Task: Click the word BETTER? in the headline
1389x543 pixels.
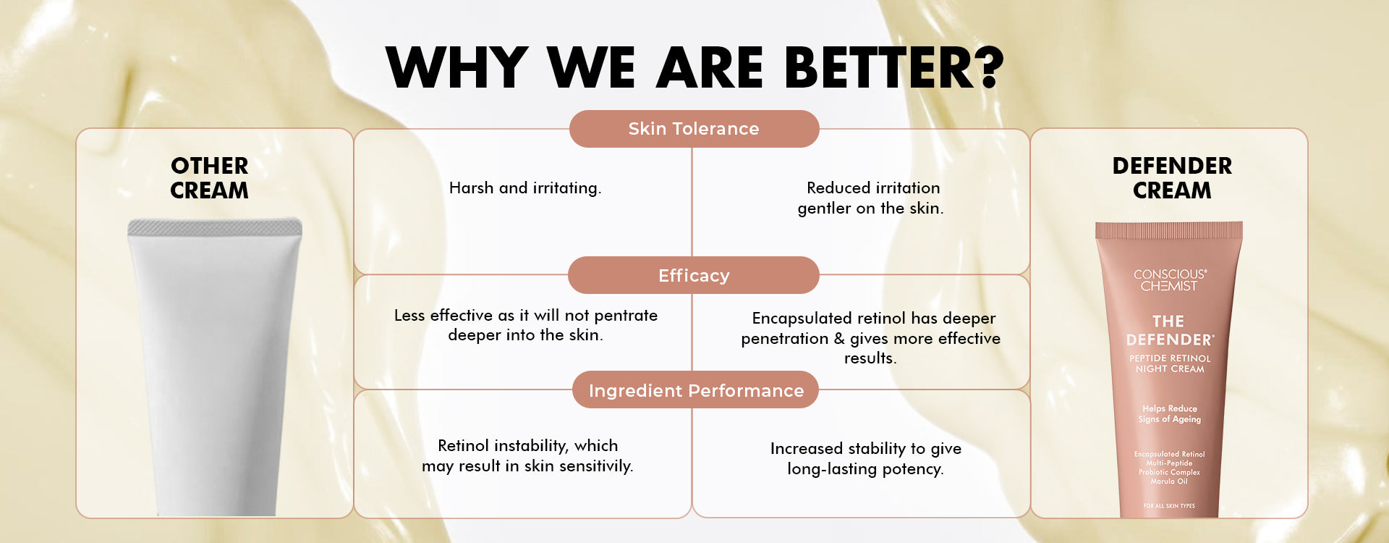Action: point(894,67)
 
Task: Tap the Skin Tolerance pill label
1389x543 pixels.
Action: point(694,129)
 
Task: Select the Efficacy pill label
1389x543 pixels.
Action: point(694,275)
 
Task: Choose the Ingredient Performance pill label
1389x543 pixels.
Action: point(696,391)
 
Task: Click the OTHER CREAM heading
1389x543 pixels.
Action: point(210,178)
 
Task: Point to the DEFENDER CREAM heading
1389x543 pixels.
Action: point(1172,178)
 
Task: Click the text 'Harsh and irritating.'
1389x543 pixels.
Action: point(525,188)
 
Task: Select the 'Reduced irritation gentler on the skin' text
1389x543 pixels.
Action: point(871,198)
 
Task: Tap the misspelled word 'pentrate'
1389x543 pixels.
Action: point(625,316)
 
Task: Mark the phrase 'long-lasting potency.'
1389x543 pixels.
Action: point(865,469)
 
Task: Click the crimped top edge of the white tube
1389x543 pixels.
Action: point(215,227)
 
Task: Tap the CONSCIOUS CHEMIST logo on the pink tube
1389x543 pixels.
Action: point(1170,280)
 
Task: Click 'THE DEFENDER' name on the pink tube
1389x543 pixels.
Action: point(1170,330)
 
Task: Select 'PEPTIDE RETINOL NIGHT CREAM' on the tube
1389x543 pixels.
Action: point(1170,363)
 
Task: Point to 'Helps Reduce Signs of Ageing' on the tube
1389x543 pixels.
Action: point(1170,413)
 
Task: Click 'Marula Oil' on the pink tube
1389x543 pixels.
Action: point(1169,481)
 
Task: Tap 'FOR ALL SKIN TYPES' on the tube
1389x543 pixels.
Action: point(1169,506)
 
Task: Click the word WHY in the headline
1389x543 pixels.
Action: point(457,67)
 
